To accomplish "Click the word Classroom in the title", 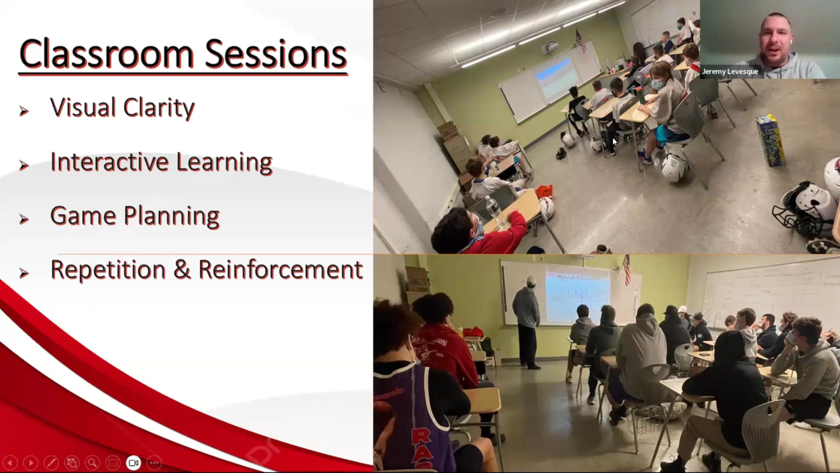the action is pyautogui.click(x=106, y=54).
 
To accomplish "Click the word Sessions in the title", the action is pyautogui.click(x=276, y=54).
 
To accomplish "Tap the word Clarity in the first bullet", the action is pyautogui.click(x=159, y=108).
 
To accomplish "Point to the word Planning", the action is pyautogui.click(x=171, y=216).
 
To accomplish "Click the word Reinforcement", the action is pyautogui.click(x=280, y=269).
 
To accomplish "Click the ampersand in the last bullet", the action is pyautogui.click(x=182, y=269).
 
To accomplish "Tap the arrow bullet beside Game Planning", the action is pyautogui.click(x=24, y=219).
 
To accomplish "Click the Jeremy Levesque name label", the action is pyautogui.click(x=730, y=71).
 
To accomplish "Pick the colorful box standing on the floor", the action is pyautogui.click(x=770, y=140).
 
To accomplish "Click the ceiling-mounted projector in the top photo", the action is pyautogui.click(x=549, y=47).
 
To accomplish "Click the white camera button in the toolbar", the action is pyautogui.click(x=133, y=462).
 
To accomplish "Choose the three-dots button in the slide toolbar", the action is pyautogui.click(x=154, y=462).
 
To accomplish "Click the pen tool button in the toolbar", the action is pyautogui.click(x=51, y=462).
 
